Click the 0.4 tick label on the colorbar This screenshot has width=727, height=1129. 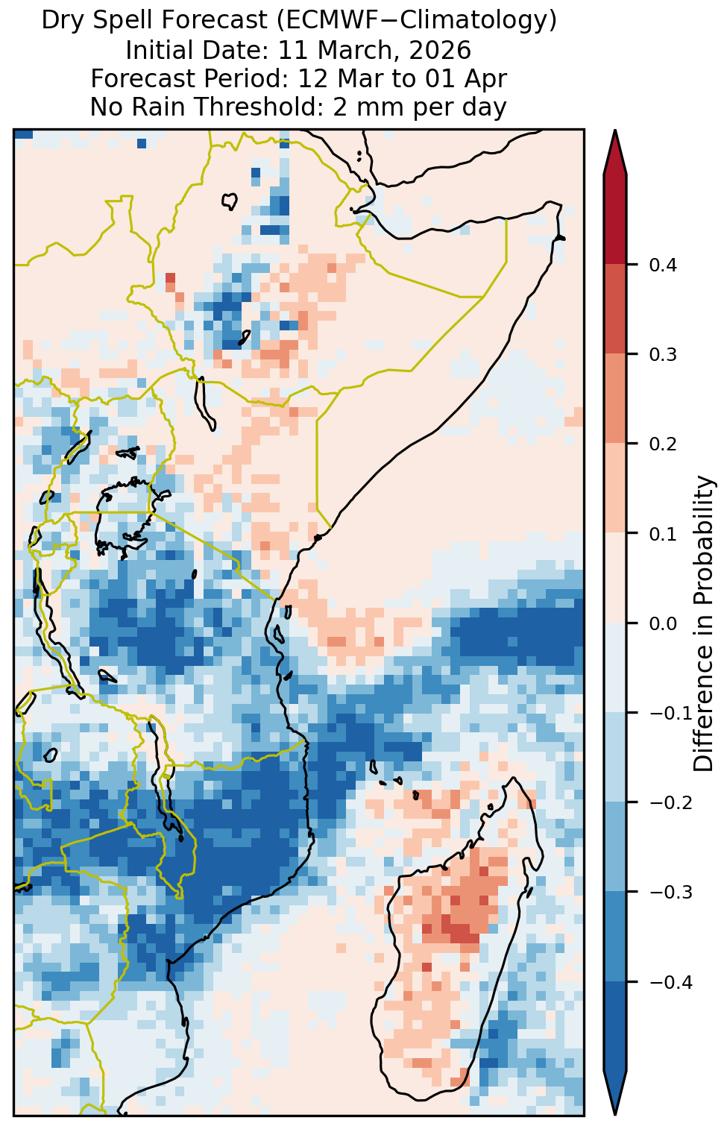(663, 265)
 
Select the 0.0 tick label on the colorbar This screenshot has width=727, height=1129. (663, 624)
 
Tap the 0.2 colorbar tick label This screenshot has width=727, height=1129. (663, 444)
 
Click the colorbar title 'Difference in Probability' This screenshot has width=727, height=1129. (704, 623)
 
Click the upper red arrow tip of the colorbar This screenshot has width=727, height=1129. (615, 130)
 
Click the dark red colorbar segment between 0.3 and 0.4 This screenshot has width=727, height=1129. (615, 309)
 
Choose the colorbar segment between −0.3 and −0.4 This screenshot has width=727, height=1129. (615, 937)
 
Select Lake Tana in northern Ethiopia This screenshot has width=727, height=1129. (230, 201)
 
